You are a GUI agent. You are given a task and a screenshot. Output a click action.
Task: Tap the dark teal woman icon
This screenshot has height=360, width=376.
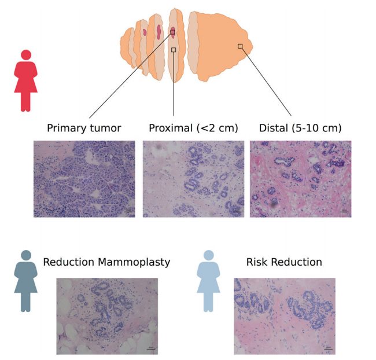(x=25, y=281)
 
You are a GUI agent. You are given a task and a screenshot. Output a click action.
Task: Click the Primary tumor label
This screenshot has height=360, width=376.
(x=84, y=128)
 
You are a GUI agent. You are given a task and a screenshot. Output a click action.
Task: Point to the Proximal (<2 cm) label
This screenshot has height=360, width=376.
(x=193, y=128)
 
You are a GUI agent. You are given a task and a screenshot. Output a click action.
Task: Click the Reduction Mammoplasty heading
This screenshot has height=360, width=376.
(x=106, y=262)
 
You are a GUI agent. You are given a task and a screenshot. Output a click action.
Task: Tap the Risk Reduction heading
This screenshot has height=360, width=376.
(x=284, y=262)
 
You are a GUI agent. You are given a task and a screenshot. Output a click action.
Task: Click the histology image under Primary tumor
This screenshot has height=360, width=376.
(x=84, y=179)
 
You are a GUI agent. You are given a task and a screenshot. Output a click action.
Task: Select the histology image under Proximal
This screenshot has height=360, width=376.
(x=194, y=179)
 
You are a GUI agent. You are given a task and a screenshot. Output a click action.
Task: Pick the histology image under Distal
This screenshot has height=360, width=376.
(x=300, y=179)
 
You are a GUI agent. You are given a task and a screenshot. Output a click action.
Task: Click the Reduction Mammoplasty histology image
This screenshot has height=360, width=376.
(x=107, y=316)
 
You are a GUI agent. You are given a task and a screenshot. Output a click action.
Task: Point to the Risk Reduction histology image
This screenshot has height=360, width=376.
(x=285, y=316)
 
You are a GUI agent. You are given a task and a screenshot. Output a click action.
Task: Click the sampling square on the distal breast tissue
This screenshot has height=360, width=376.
(x=240, y=46)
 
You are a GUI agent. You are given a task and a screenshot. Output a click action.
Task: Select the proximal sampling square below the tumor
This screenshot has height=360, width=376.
(x=174, y=50)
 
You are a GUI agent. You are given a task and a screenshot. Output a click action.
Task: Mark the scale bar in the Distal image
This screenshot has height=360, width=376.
(x=344, y=212)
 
